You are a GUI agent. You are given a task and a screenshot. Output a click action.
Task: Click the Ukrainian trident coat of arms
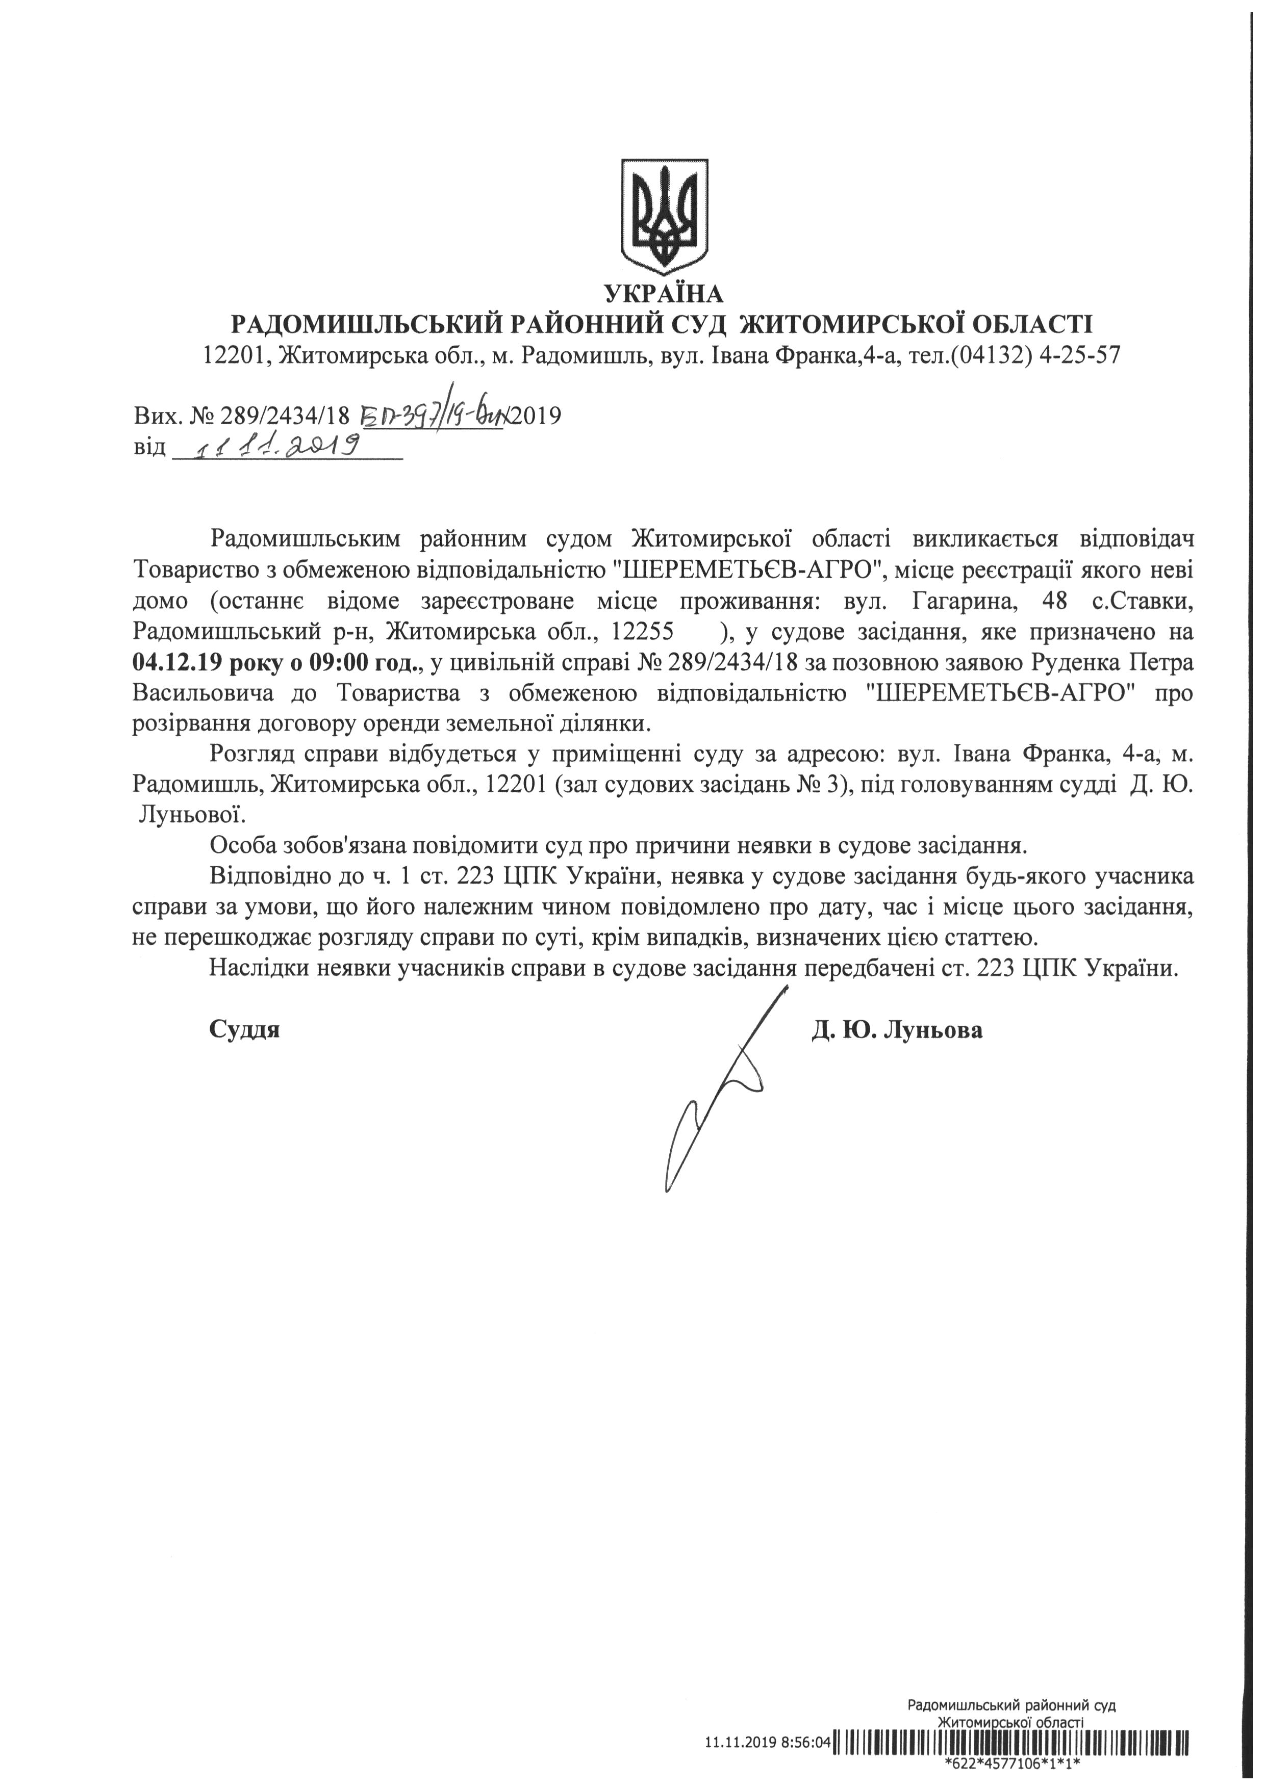tap(664, 216)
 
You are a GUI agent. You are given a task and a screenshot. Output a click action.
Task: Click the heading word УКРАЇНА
tap(664, 294)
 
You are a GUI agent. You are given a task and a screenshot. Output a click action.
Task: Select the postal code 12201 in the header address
tap(237, 356)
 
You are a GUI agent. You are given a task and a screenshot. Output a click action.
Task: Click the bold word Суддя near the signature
tap(245, 1030)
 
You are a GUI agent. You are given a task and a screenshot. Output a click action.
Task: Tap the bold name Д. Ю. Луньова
tap(897, 1030)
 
